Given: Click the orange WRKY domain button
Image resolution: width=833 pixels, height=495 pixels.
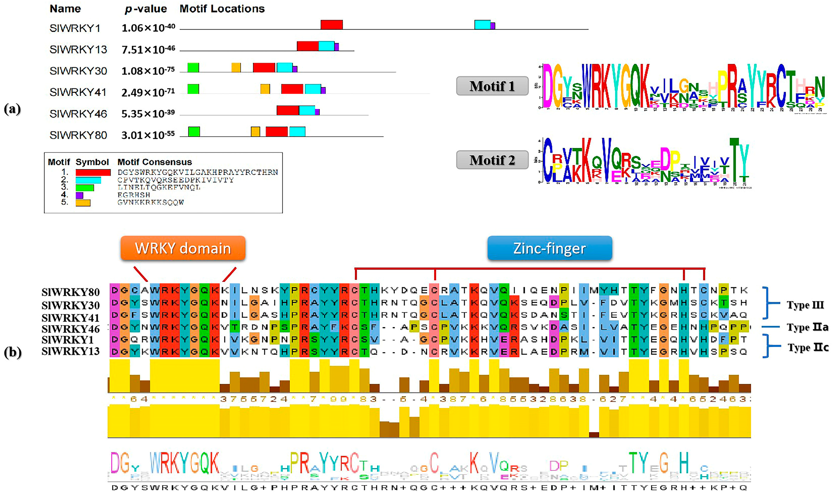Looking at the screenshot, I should pyautogui.click(x=183, y=248).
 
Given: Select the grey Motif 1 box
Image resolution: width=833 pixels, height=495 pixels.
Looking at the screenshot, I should pyautogui.click(x=492, y=86).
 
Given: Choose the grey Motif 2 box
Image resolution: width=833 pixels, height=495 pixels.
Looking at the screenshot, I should pyautogui.click(x=492, y=160).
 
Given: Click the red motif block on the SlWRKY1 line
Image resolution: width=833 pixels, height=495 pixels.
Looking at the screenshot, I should pyautogui.click(x=331, y=25).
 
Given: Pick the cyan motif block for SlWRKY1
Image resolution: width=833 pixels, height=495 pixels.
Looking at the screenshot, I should pyautogui.click(x=482, y=25).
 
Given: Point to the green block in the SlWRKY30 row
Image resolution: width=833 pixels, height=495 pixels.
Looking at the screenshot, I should pyautogui.click(x=193, y=68).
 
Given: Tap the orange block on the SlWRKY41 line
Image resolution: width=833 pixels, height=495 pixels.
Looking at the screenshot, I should pyautogui.click(x=265, y=89).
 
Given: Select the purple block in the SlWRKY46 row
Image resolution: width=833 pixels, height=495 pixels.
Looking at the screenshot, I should pyautogui.click(x=317, y=112).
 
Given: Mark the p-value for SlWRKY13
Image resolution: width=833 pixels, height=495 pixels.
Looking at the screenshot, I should pyautogui.click(x=148, y=50).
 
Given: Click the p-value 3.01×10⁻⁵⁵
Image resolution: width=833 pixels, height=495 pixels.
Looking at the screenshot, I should pyautogui.click(x=148, y=135).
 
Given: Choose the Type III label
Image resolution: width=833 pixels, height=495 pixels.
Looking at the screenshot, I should pyautogui.click(x=805, y=305).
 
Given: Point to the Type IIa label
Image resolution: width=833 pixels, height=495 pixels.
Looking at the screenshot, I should pyautogui.click(x=807, y=327).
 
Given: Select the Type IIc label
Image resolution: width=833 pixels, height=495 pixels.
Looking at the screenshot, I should pyautogui.click(x=808, y=347).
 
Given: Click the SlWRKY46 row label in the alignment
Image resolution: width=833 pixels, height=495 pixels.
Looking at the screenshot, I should pyautogui.click(x=70, y=329).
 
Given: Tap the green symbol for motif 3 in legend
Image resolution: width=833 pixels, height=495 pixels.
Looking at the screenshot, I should pyautogui.click(x=85, y=188).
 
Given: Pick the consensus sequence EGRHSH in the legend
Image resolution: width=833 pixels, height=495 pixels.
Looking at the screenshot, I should pyautogui.click(x=133, y=195).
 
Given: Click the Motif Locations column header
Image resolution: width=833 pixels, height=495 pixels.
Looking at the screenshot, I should pyautogui.click(x=222, y=9).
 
